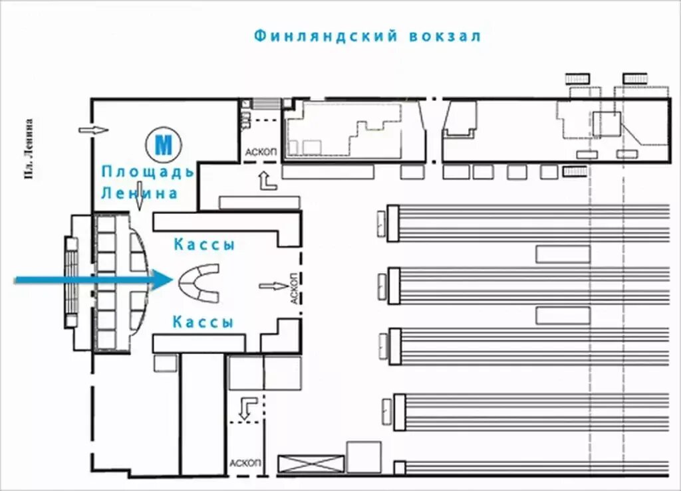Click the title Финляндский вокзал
367,36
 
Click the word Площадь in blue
148,172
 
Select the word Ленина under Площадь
140,193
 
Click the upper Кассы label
205,245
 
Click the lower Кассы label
204,323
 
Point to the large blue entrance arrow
93,280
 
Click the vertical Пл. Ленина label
29,149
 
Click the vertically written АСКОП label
293,288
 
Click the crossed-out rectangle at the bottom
311,464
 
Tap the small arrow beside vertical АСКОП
271,286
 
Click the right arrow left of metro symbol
93,129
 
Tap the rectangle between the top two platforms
563,254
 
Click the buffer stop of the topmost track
392,223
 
